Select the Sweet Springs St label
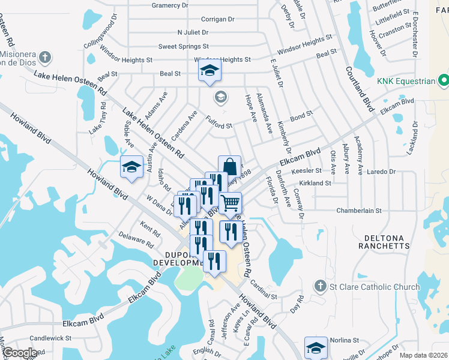(x=183, y=46)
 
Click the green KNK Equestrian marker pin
(x=444, y=80)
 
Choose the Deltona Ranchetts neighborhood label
(x=384, y=241)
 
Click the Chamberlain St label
(x=360, y=211)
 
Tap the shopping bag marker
(x=229, y=166)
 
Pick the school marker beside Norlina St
(x=316, y=348)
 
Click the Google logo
(x=20, y=352)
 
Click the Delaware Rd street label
(x=136, y=239)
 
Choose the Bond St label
(x=301, y=113)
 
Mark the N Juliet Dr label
(x=193, y=32)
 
